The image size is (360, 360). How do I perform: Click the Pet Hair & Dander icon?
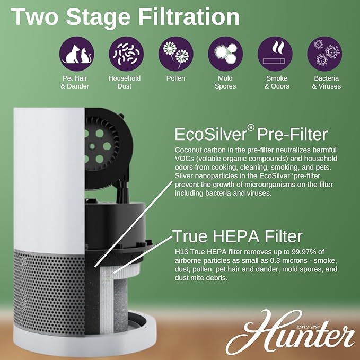click(x=75, y=54)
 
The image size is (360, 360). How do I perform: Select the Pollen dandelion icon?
click(x=175, y=54)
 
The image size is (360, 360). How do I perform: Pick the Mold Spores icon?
click(x=225, y=54)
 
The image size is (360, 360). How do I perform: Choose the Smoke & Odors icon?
click(x=275, y=54)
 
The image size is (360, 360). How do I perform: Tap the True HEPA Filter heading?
click(x=238, y=235)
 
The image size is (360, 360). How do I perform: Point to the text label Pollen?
click(x=175, y=78)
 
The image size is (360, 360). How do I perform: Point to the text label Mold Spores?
click(x=225, y=82)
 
